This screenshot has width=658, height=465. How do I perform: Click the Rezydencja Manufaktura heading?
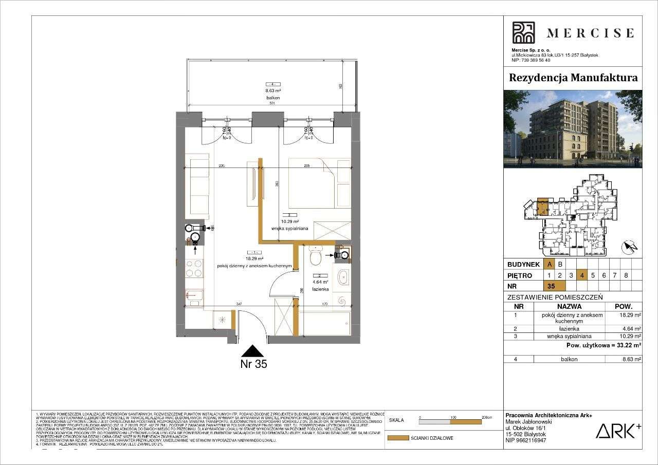(573, 78)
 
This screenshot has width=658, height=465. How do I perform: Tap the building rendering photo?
(573, 129)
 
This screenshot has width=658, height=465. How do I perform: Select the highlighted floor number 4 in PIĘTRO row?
(581, 275)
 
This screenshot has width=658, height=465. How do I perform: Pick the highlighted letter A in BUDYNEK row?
(550, 264)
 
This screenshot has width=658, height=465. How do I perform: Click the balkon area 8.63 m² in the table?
(631, 360)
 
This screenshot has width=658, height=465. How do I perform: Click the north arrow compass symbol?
(629, 248)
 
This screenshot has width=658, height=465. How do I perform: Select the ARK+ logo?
(618, 431)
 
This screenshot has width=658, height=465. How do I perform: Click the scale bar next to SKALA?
(451, 422)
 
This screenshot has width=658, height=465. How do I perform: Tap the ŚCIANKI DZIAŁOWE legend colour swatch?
(396, 438)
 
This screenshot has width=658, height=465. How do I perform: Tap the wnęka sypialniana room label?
(290, 229)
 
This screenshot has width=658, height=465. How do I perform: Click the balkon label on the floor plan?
(272, 97)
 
